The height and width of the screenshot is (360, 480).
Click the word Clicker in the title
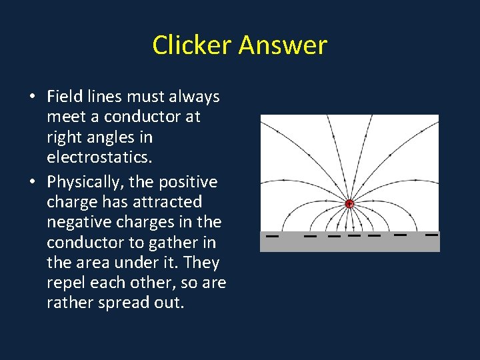tap(193, 45)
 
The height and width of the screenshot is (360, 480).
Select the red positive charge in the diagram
tap(349, 204)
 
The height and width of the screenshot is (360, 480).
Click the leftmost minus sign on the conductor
tap(272, 236)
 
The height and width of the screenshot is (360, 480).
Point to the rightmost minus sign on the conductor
tap(432, 235)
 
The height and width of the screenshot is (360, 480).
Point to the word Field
tap(63, 97)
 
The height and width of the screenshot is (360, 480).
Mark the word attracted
tap(169, 202)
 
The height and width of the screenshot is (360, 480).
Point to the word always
tap(193, 97)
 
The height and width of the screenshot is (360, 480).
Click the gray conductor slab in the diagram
tap(349, 245)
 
